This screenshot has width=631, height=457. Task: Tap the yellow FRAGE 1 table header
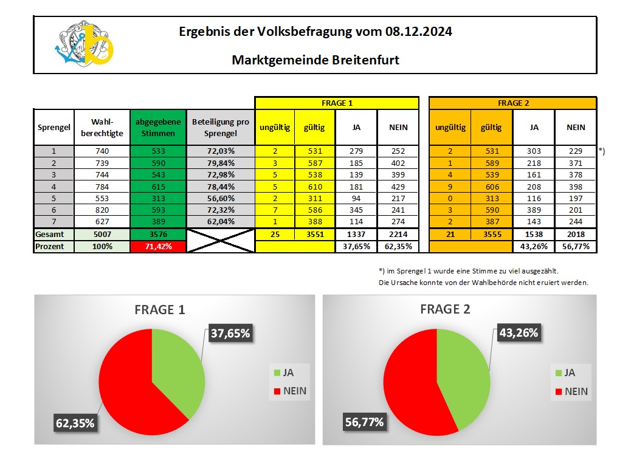[x=336, y=103]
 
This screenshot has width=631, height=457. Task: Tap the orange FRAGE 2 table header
[x=512, y=103]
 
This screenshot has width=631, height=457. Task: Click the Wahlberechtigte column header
[x=102, y=127]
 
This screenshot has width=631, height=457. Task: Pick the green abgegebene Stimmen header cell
[x=157, y=127]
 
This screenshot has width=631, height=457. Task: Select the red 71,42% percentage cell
[x=157, y=247]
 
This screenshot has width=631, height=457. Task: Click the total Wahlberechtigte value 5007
[x=102, y=234]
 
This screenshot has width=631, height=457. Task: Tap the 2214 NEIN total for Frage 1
[x=398, y=234]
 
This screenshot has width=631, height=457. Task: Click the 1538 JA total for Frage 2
[x=533, y=234]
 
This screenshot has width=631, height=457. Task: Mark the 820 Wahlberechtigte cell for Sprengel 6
[x=102, y=210]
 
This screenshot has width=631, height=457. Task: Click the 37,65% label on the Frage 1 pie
[x=230, y=333]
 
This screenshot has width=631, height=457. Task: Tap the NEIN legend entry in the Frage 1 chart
[x=290, y=391]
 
